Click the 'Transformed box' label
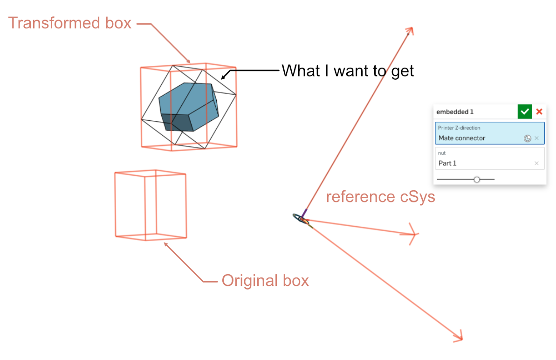[70, 23]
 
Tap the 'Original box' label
[265, 281]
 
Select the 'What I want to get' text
[348, 71]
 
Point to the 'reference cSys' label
[380, 197]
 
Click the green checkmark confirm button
[524, 112]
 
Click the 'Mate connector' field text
[462, 138]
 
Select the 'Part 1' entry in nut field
[447, 163]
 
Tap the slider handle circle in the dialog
[477, 180]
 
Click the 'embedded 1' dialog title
[455, 112]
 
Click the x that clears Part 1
[536, 163]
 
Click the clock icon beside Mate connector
[528, 138]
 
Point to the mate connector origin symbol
[301, 218]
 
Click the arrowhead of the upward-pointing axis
[410, 30]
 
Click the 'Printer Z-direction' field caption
[459, 128]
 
